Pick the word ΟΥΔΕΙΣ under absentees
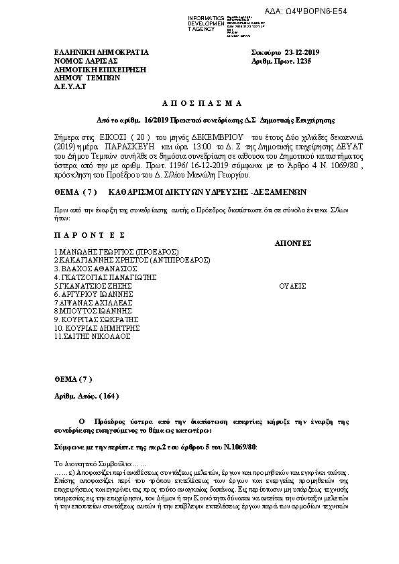tap(292, 285)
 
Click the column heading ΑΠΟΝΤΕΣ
tap(293, 242)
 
